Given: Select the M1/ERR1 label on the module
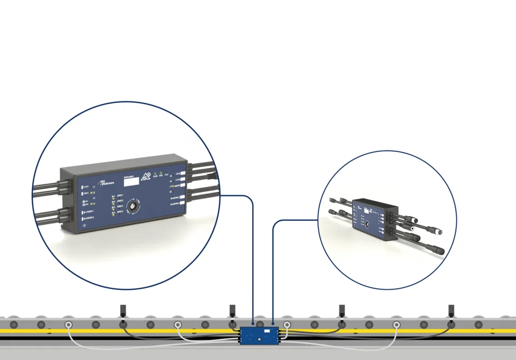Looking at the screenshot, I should click(89, 212).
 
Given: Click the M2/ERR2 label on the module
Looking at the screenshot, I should click(89, 218).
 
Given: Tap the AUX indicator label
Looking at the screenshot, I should click(155, 176).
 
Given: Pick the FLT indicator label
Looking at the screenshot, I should click(167, 175).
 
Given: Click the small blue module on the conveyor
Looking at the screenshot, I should click(260, 335).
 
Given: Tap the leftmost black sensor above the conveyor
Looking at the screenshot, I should click(123, 311).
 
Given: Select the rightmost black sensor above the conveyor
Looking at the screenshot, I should click(451, 311).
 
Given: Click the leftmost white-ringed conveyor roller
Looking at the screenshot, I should click(68, 325).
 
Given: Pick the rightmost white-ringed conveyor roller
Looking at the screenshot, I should click(397, 325).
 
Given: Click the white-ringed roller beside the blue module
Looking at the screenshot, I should click(288, 325).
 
